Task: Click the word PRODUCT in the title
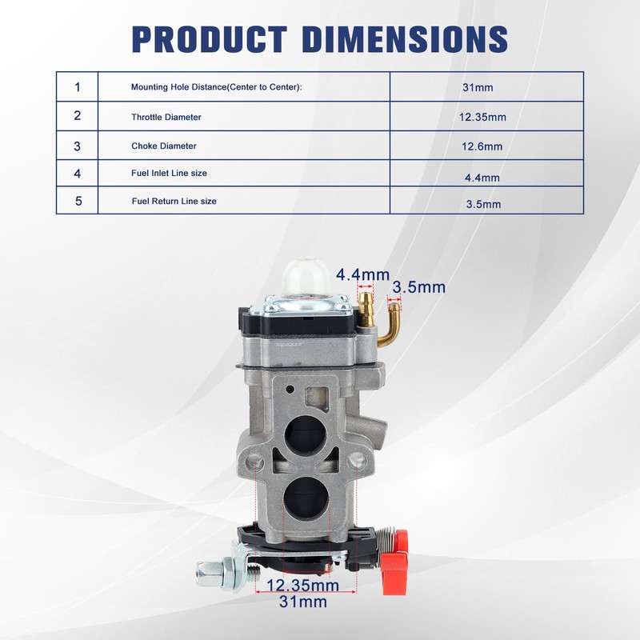point(210,39)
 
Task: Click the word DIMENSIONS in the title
point(406,39)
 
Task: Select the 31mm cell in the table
point(478,87)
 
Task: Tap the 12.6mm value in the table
point(482,146)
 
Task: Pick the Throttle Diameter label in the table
point(166,117)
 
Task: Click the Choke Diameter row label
point(164,146)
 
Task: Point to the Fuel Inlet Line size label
point(169,173)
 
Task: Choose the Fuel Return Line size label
point(174,202)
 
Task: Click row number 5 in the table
point(78,201)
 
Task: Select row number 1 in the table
point(78,87)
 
